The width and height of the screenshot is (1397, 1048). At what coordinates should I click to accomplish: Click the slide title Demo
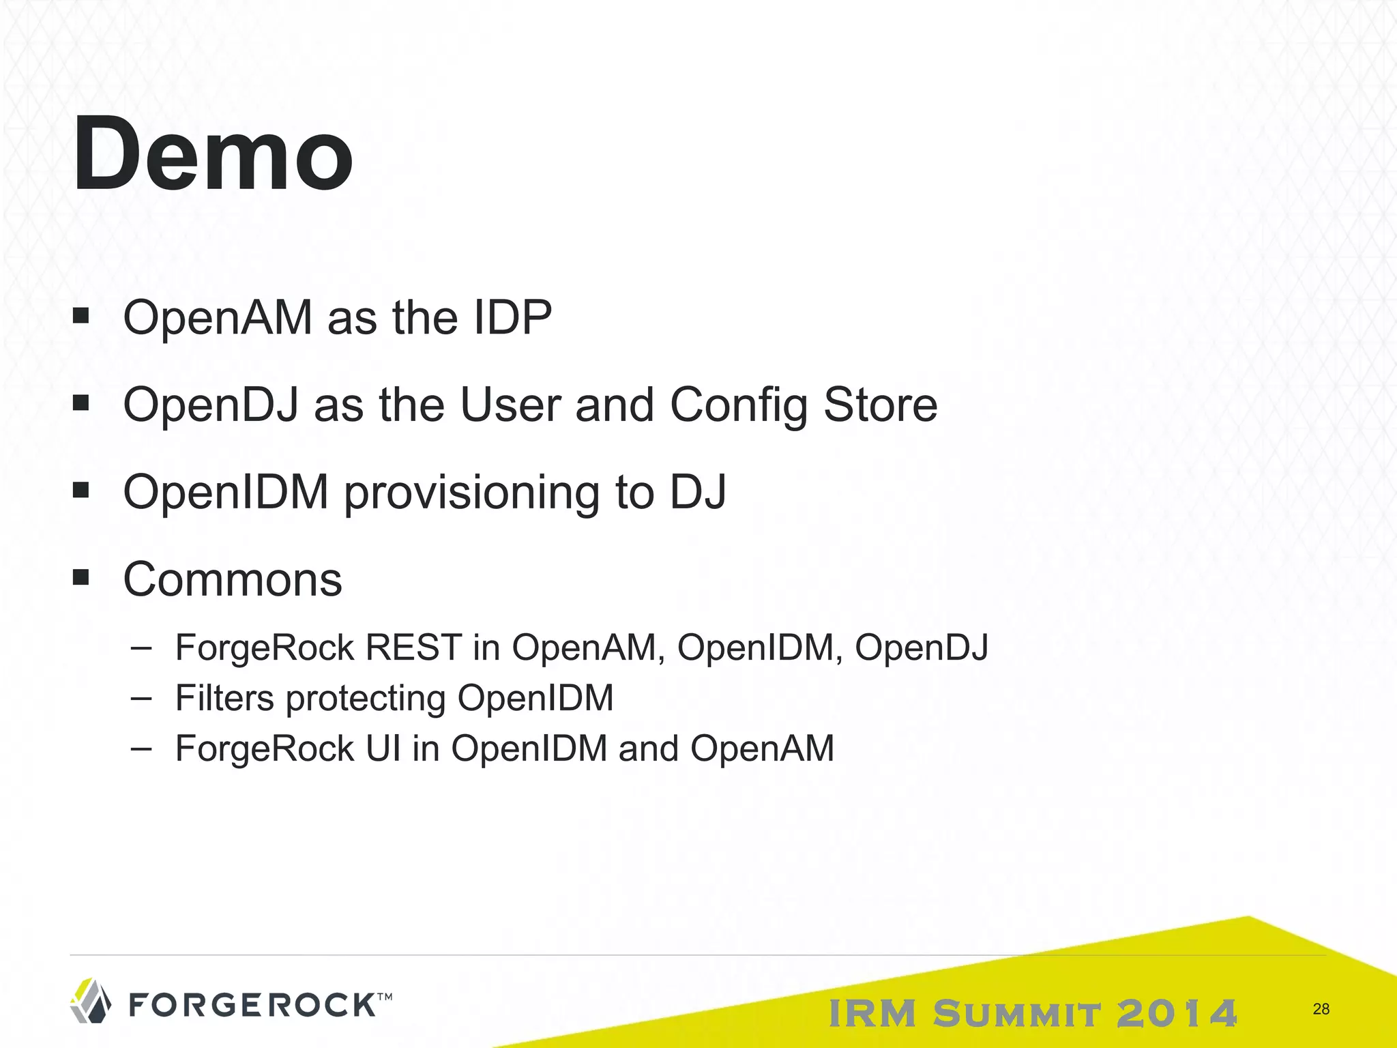click(213, 154)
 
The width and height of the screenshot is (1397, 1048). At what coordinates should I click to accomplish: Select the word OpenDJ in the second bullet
click(211, 405)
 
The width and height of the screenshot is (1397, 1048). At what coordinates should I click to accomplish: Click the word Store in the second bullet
click(880, 405)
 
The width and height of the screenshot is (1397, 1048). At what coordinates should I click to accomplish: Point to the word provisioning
click(471, 493)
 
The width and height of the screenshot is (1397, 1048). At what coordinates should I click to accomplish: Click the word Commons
click(233, 580)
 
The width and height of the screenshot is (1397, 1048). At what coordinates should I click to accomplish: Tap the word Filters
click(224, 698)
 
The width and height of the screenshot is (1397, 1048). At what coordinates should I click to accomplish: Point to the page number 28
click(1321, 1009)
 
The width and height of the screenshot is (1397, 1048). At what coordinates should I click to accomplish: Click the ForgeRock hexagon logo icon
click(91, 1001)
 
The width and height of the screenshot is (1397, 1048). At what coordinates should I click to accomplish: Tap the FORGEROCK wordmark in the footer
click(252, 1005)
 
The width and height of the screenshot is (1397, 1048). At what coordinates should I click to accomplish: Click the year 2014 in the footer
click(1177, 1013)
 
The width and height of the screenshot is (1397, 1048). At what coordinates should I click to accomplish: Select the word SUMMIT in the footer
click(1016, 1013)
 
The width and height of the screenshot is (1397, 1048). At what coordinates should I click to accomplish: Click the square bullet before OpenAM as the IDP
click(81, 317)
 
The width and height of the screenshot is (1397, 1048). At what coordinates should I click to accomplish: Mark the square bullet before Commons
click(81, 579)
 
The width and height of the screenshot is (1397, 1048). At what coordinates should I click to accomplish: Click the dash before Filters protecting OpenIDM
click(141, 698)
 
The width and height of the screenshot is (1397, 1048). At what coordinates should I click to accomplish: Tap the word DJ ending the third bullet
click(698, 493)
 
